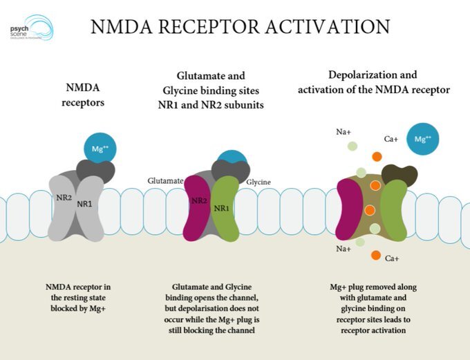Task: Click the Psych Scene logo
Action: click(32, 28)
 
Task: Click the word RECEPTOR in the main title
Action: click(209, 27)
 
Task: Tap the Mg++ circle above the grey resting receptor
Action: click(100, 149)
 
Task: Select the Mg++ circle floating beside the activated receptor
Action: click(422, 139)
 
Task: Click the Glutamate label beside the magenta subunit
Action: click(165, 181)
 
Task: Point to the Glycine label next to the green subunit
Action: click(258, 182)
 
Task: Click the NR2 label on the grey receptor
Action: click(64, 198)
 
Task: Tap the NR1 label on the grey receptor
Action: click(84, 204)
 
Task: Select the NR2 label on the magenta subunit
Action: click(199, 200)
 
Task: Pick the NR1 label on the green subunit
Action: click(221, 208)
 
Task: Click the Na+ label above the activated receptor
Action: click(344, 132)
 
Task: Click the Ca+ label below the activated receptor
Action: click(392, 258)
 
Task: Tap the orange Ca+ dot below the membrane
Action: click(375, 256)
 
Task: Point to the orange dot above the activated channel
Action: click(377, 156)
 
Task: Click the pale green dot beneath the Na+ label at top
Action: click(352, 146)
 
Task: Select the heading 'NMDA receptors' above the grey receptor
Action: click(83, 95)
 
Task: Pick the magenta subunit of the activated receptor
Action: click(349, 209)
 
